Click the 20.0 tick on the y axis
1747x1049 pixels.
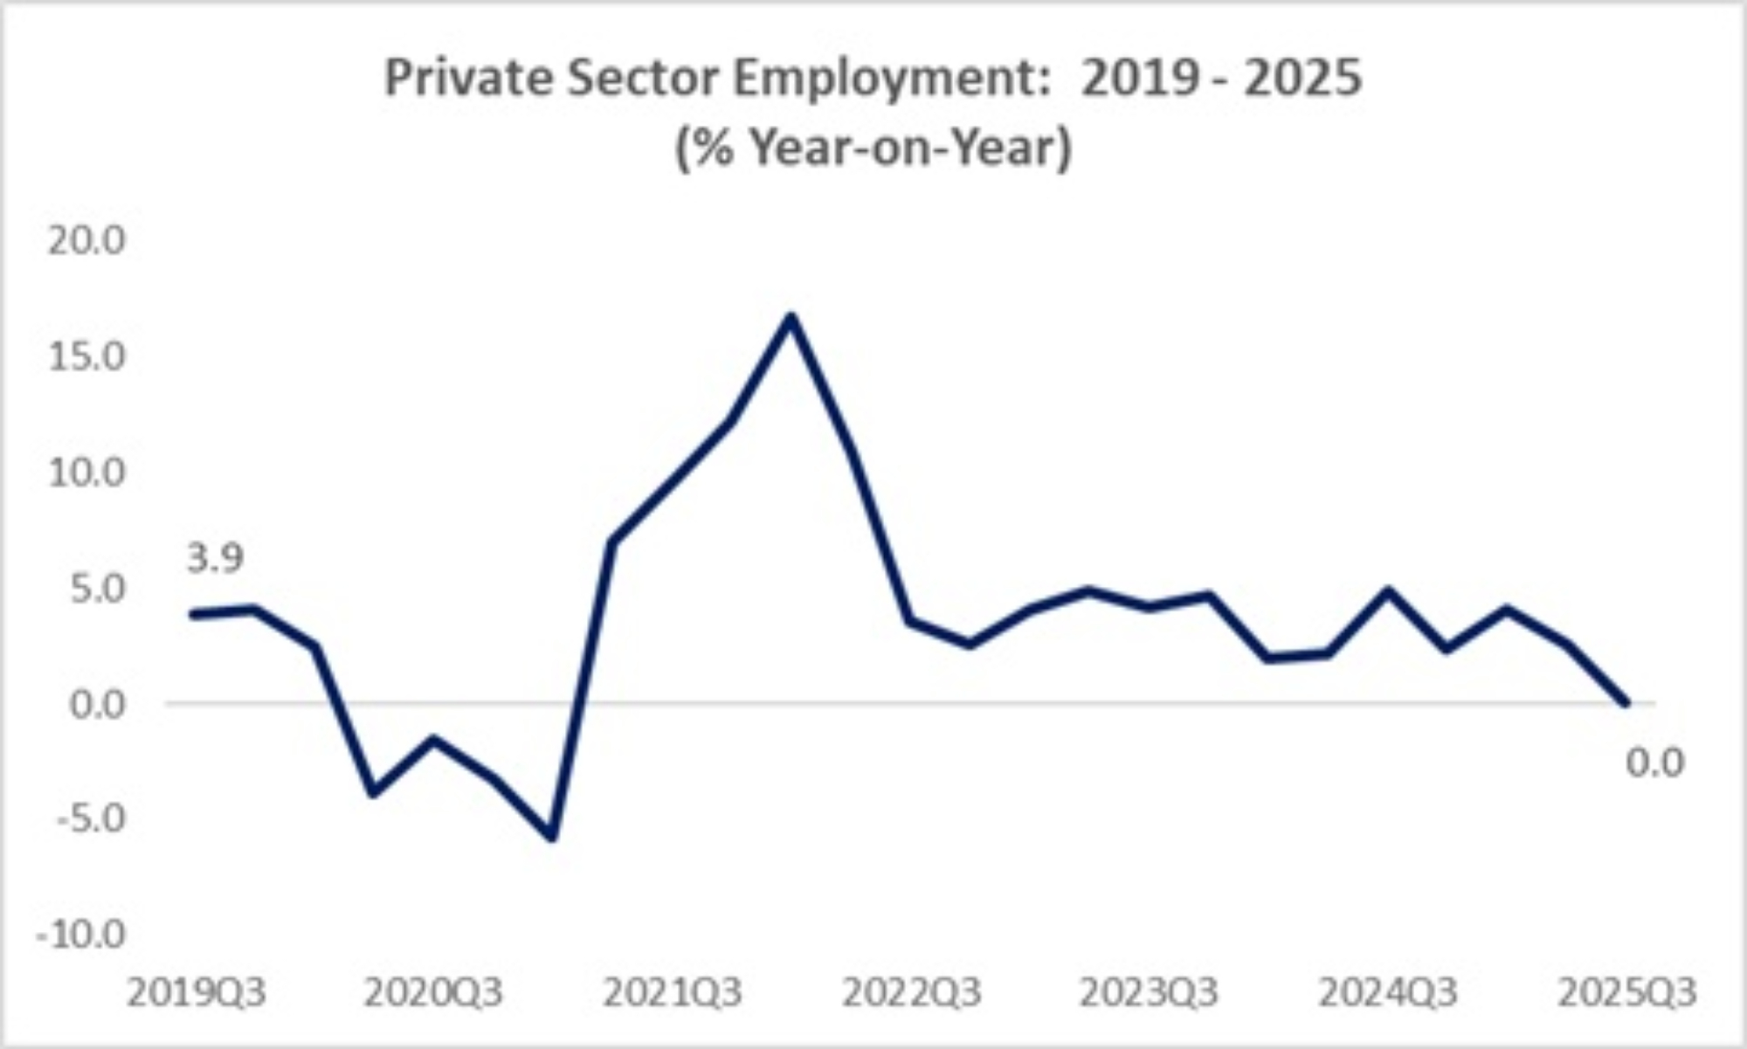[x=86, y=239]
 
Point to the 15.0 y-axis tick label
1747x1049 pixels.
[x=86, y=356]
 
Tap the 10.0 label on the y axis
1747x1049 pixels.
[x=86, y=473]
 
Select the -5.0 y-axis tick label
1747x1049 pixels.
[x=90, y=819]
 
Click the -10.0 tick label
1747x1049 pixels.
[x=81, y=935]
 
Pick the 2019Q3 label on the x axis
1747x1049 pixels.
[x=197, y=993]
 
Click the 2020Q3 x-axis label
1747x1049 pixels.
[x=433, y=993]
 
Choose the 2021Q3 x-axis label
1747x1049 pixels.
[x=673, y=993]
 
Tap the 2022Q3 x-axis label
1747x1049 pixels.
[x=912, y=993]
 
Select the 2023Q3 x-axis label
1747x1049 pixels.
[x=1149, y=993]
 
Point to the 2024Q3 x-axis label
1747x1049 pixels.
[x=1388, y=993]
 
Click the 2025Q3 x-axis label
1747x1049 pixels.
[x=1627, y=993]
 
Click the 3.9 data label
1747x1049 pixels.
[x=216, y=558]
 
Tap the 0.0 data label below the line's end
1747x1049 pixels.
[x=1654, y=763]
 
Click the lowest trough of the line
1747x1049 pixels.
[x=552, y=837]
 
